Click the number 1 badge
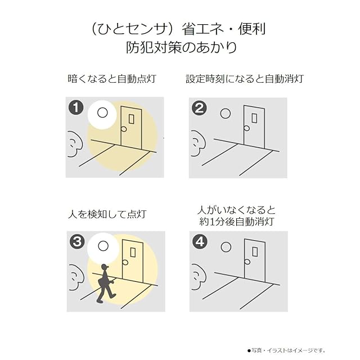pyautogui.click(x=76, y=107)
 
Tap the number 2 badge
pyautogui.click(x=199, y=108)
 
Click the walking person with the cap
pyautogui.click(x=105, y=283)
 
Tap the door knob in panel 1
pyautogui.click(x=124, y=129)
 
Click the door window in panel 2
pyautogui.click(x=254, y=118)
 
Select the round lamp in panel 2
pyautogui.click(x=225, y=114)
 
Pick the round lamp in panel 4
pyautogui.click(x=226, y=247)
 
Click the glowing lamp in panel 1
pyautogui.click(x=102, y=113)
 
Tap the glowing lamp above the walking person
pyautogui.click(x=103, y=246)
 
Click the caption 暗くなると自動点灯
pyautogui.click(x=112, y=79)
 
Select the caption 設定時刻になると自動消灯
pyautogui.click(x=245, y=79)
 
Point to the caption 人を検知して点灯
pyautogui.click(x=107, y=214)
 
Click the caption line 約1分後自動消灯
pyautogui.click(x=237, y=222)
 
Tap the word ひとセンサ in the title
pyautogui.click(x=131, y=30)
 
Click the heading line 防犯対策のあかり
pyautogui.click(x=181, y=47)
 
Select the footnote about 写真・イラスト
pyautogui.click(x=286, y=350)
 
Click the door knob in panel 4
pyautogui.click(x=247, y=262)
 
